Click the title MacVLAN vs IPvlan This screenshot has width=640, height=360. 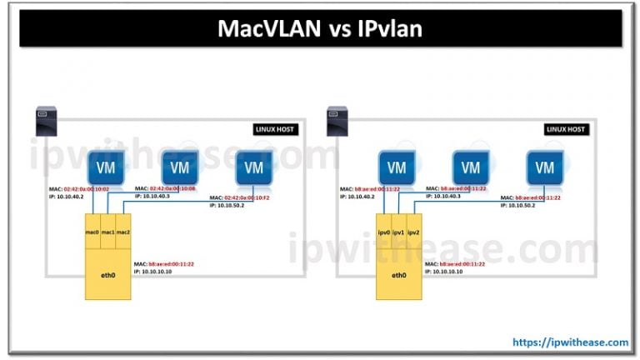point(320,29)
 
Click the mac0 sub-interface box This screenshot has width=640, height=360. point(92,231)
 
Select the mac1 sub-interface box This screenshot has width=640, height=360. point(107,231)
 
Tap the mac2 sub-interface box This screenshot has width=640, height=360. point(122,231)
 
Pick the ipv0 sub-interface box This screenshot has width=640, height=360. point(383,231)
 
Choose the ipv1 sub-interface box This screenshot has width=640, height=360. point(398,231)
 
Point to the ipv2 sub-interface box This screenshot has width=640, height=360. point(413,231)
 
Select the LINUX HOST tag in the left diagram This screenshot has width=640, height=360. point(277,129)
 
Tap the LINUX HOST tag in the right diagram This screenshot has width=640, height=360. point(567,129)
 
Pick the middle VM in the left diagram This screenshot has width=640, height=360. point(179,167)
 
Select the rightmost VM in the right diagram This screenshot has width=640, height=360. point(542,167)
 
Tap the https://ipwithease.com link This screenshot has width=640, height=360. point(571,342)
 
